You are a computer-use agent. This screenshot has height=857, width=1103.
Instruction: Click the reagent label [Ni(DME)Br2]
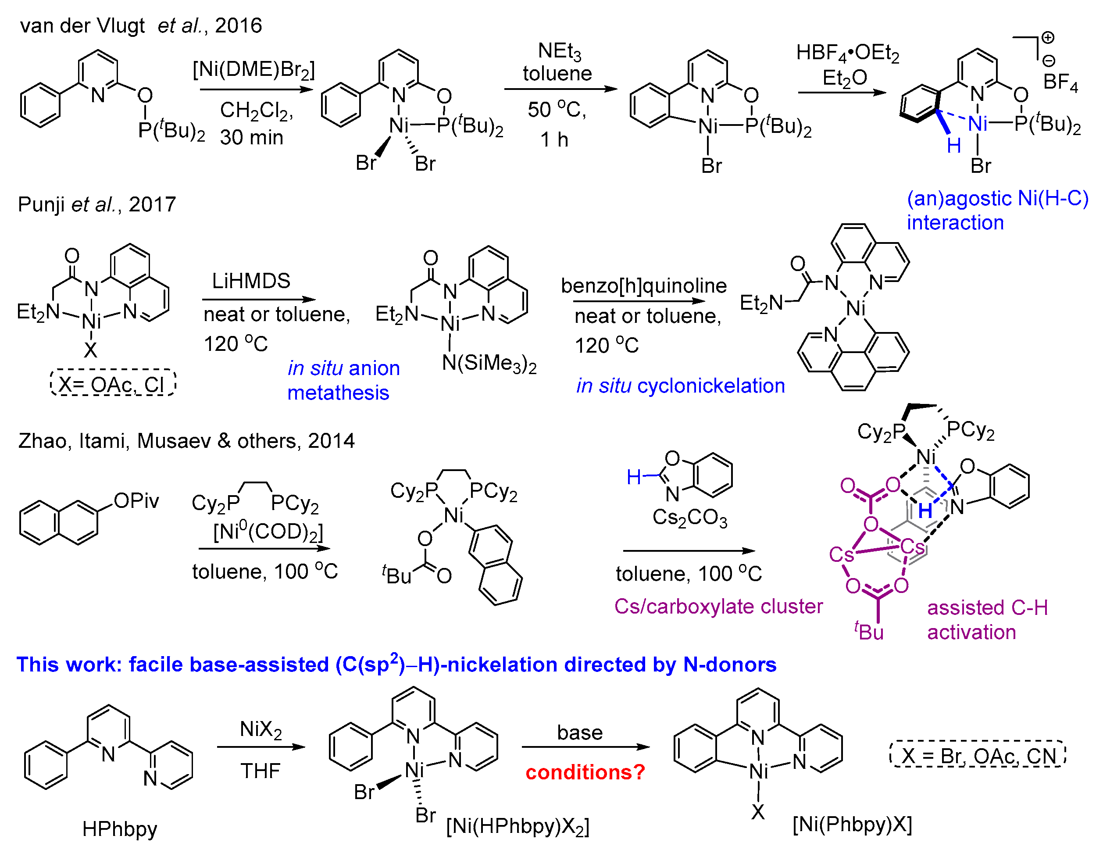tap(253, 69)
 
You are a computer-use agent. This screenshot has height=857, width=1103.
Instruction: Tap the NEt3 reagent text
tap(559, 51)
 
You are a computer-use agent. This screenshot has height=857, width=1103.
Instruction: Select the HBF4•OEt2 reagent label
tap(847, 53)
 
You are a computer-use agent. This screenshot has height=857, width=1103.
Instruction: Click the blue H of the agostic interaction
tap(953, 146)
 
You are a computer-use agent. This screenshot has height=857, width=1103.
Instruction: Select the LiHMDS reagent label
tap(251, 281)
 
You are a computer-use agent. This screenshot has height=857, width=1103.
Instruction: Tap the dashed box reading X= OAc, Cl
tap(113, 384)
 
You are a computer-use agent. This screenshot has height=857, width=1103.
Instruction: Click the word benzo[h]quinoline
tap(643, 286)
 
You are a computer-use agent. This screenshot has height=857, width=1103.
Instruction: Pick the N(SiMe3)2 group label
tap(489, 363)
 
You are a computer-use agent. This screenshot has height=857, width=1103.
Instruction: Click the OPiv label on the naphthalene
tap(136, 501)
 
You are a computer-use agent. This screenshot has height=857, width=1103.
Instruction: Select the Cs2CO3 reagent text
tap(689, 517)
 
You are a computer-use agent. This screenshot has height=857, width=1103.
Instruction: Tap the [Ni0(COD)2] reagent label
tap(268, 531)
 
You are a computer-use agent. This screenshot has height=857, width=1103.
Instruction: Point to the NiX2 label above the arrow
tap(261, 729)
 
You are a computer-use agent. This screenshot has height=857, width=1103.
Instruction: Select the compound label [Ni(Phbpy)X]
tap(852, 824)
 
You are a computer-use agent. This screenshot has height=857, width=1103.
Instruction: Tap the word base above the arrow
tap(580, 732)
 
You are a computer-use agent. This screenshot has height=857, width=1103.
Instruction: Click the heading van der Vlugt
tap(82, 25)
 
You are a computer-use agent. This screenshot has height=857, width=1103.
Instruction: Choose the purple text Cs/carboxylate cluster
tap(718, 606)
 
